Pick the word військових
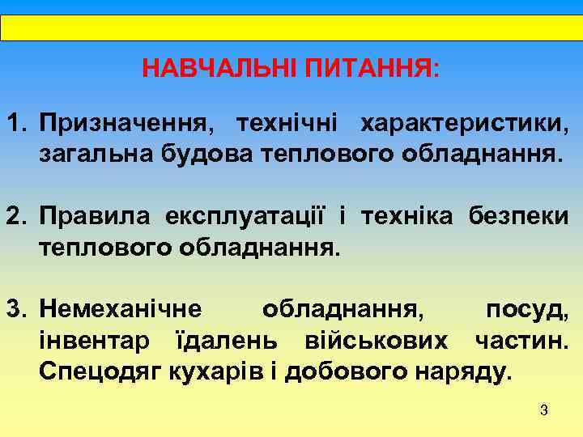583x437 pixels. pyautogui.click(x=376, y=341)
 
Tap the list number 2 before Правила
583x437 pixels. pyautogui.click(x=15, y=216)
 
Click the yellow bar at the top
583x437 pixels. pyautogui.click(x=291, y=28)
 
